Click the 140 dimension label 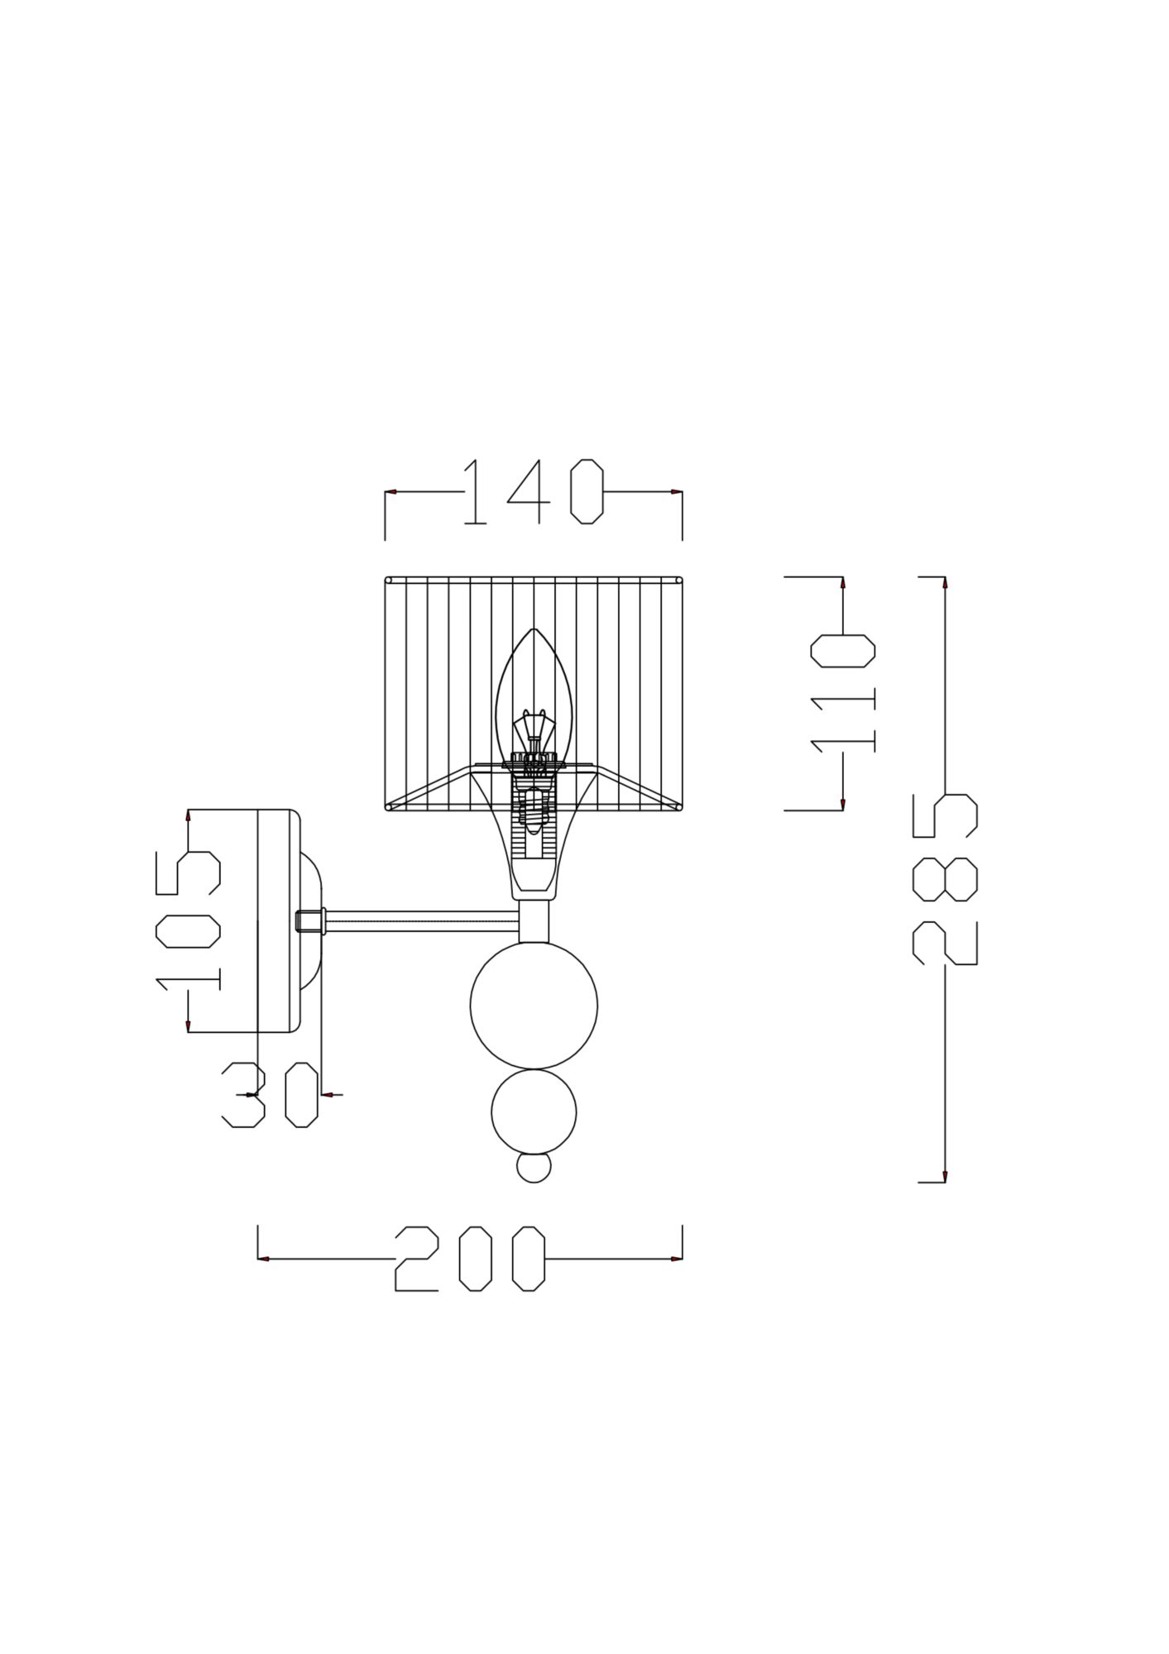click(x=534, y=492)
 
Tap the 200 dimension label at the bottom click(x=470, y=1258)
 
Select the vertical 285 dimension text click(x=945, y=879)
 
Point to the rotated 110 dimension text click(x=843, y=694)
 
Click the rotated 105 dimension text click(x=188, y=921)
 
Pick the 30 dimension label click(x=271, y=1095)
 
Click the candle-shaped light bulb click(x=534, y=695)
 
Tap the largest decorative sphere click(x=534, y=1006)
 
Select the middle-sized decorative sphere click(x=534, y=1111)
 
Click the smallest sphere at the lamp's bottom click(x=534, y=1168)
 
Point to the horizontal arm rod click(x=422, y=920)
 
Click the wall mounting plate click(x=278, y=920)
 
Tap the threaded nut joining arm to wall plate click(x=310, y=920)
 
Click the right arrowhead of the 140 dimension click(x=677, y=492)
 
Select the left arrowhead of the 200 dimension click(x=264, y=1259)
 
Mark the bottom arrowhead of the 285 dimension click(x=945, y=1176)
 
